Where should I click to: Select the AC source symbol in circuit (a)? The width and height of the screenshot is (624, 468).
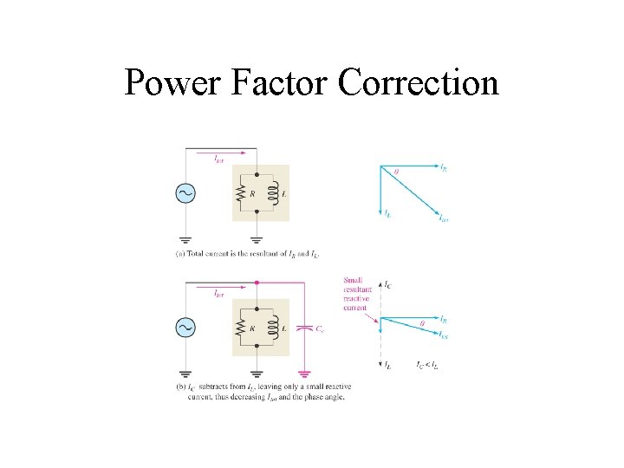coord(185,192)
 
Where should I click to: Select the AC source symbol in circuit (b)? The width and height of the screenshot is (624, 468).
coord(185,326)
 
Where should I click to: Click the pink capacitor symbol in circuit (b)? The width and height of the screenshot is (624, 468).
coord(302,328)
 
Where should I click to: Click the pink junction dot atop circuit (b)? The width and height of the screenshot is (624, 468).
coord(257,283)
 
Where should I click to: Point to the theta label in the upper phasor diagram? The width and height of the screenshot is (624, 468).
coord(397,172)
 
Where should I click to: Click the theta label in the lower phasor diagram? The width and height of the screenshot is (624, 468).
coord(421,323)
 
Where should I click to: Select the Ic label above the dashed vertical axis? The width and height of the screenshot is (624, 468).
coord(387,284)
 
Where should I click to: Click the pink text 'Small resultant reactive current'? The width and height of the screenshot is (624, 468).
coord(356,293)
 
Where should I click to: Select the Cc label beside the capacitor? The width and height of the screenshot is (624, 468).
coord(321,329)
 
